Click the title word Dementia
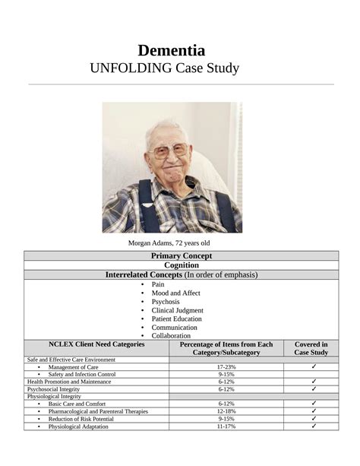coord(171,50)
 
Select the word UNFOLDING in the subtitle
coord(128,69)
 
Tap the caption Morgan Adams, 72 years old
coord(171,243)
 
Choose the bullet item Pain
coord(158,284)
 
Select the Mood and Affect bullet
coord(176,293)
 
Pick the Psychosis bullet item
coord(166,301)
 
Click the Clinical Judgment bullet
coord(177,310)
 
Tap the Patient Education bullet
coord(176,319)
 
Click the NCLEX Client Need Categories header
coord(96,344)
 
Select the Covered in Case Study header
coord(311,348)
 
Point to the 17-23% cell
coord(226,366)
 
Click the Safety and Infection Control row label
coord(82,374)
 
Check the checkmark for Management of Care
coord(313,366)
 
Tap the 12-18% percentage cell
coord(226,411)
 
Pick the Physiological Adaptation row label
coord(80,426)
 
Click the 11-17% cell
coord(226,426)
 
